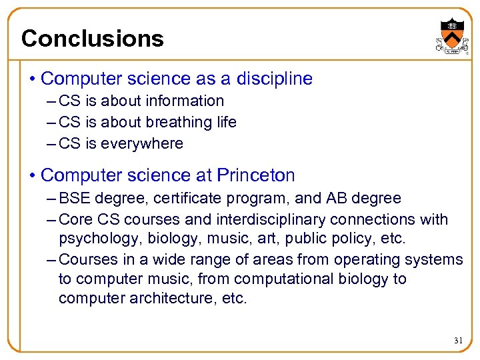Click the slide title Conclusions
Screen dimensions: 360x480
coord(92,39)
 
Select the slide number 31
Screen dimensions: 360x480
coord(458,340)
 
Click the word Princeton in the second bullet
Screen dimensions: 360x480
coord(255,175)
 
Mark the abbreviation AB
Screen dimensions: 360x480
coord(335,199)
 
